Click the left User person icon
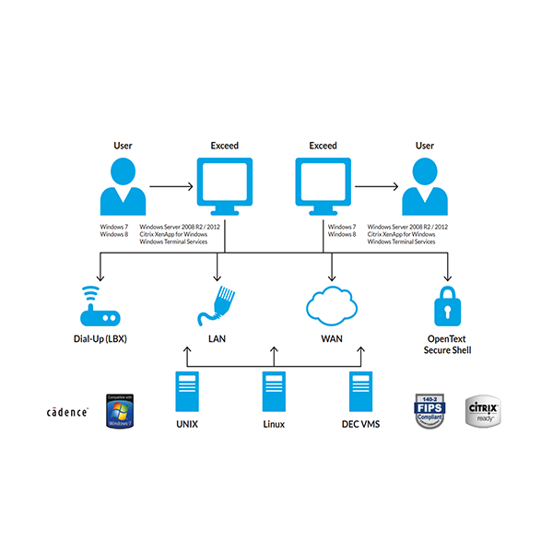coord(123,185)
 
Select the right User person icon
coord(425,185)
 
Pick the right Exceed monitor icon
coord(323,185)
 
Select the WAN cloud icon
coord(331,306)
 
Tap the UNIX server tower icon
coord(187,393)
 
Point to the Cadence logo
coord(68,412)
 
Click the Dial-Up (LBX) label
coord(100,339)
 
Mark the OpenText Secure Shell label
coord(448,344)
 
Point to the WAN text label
coord(332,339)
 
